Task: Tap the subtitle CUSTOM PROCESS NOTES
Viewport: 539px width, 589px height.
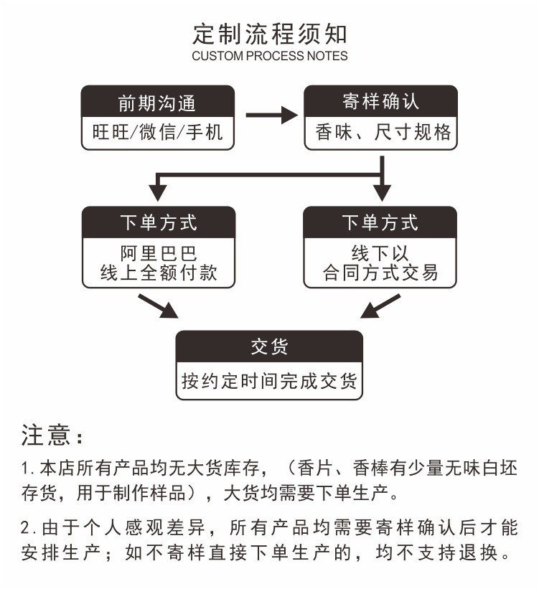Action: (x=270, y=56)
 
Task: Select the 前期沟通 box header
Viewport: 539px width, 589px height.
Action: (x=158, y=103)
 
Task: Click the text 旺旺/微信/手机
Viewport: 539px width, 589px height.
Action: (x=158, y=133)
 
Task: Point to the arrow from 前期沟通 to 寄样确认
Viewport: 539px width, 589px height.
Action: (x=271, y=115)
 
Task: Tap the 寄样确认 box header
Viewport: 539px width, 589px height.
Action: (x=381, y=101)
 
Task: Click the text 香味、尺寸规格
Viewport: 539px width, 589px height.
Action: (x=381, y=133)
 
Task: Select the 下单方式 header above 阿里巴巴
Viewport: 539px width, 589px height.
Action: (x=158, y=222)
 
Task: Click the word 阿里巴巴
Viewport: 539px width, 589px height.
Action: (x=158, y=254)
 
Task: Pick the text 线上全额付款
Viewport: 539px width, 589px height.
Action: (x=158, y=273)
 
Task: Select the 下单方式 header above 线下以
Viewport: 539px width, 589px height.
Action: (x=380, y=222)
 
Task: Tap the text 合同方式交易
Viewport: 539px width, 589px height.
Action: (x=380, y=273)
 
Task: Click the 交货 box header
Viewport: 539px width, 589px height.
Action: (x=270, y=347)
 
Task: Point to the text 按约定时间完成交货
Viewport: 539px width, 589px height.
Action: (x=270, y=380)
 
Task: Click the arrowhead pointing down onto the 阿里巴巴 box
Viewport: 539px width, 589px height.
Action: (x=158, y=192)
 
